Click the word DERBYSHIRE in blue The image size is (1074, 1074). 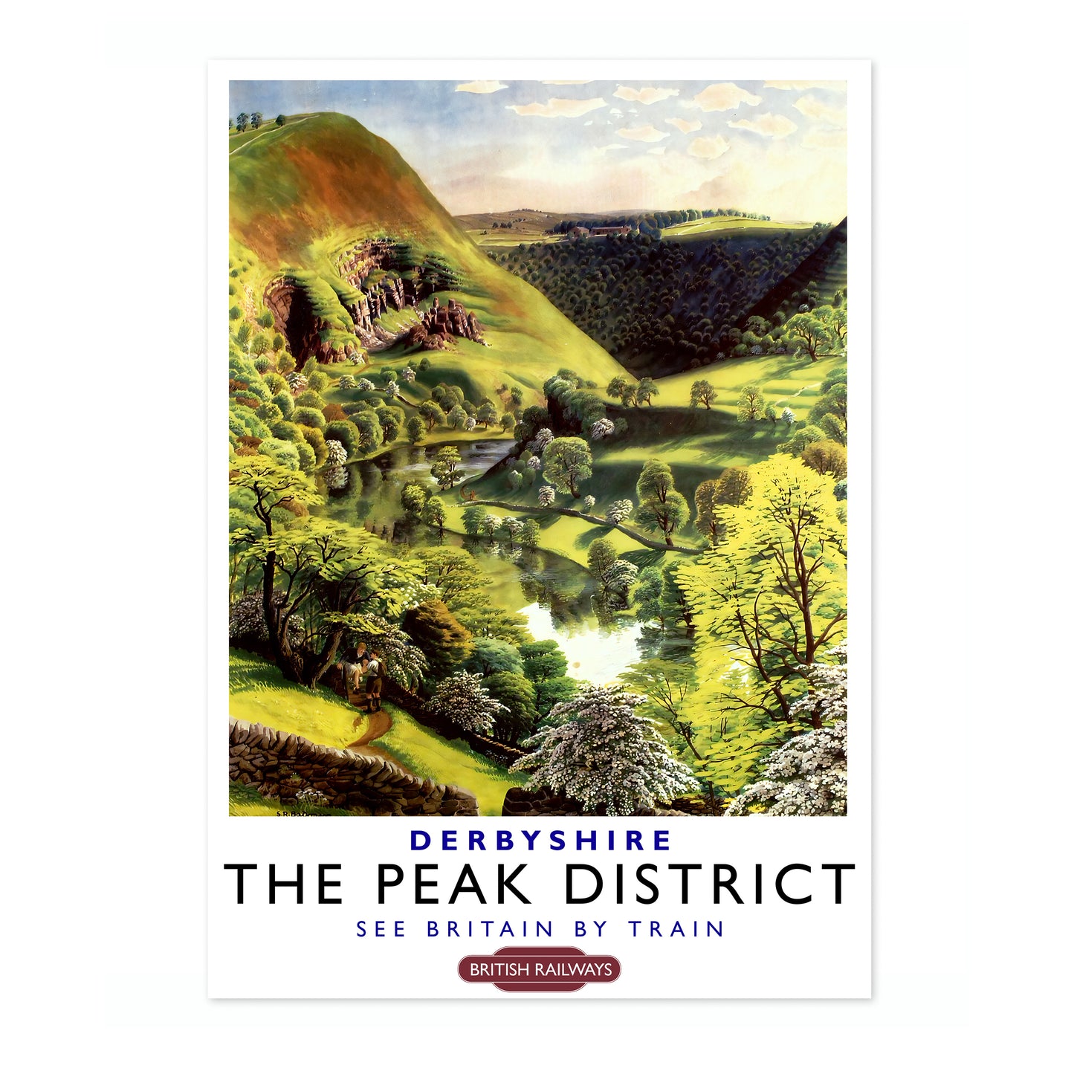540,841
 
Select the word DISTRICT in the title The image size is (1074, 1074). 710,884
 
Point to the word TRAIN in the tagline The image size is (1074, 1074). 676,930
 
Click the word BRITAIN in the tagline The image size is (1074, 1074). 491,930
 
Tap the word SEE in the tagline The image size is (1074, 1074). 381,930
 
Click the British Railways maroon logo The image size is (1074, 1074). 540,969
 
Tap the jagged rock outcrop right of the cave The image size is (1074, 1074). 450,323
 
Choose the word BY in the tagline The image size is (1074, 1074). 591,930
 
